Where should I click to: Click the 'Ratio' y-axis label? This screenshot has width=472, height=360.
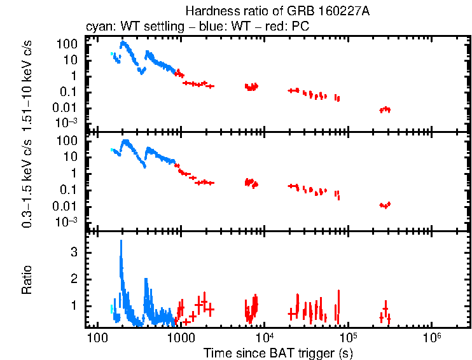[x=27, y=280]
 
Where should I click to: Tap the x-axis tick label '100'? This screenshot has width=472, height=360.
[x=97, y=336]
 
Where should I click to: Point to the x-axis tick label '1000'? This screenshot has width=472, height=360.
[x=181, y=336]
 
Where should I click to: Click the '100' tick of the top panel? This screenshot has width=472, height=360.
[x=69, y=44]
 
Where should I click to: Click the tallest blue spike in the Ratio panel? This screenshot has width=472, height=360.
[x=121, y=242]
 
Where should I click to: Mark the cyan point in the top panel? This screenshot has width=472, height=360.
[x=112, y=54]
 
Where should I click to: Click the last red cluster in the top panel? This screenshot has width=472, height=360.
[x=385, y=109]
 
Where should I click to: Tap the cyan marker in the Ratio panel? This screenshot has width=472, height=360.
[x=111, y=308]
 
